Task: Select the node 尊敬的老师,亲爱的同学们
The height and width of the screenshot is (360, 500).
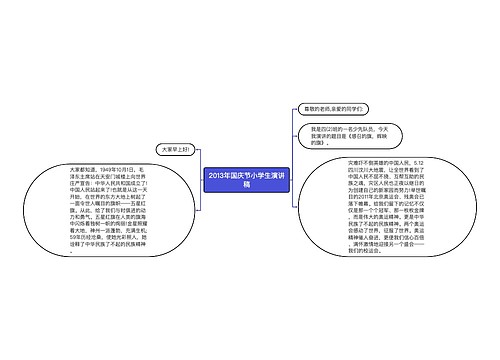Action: pyautogui.click(x=337, y=108)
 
